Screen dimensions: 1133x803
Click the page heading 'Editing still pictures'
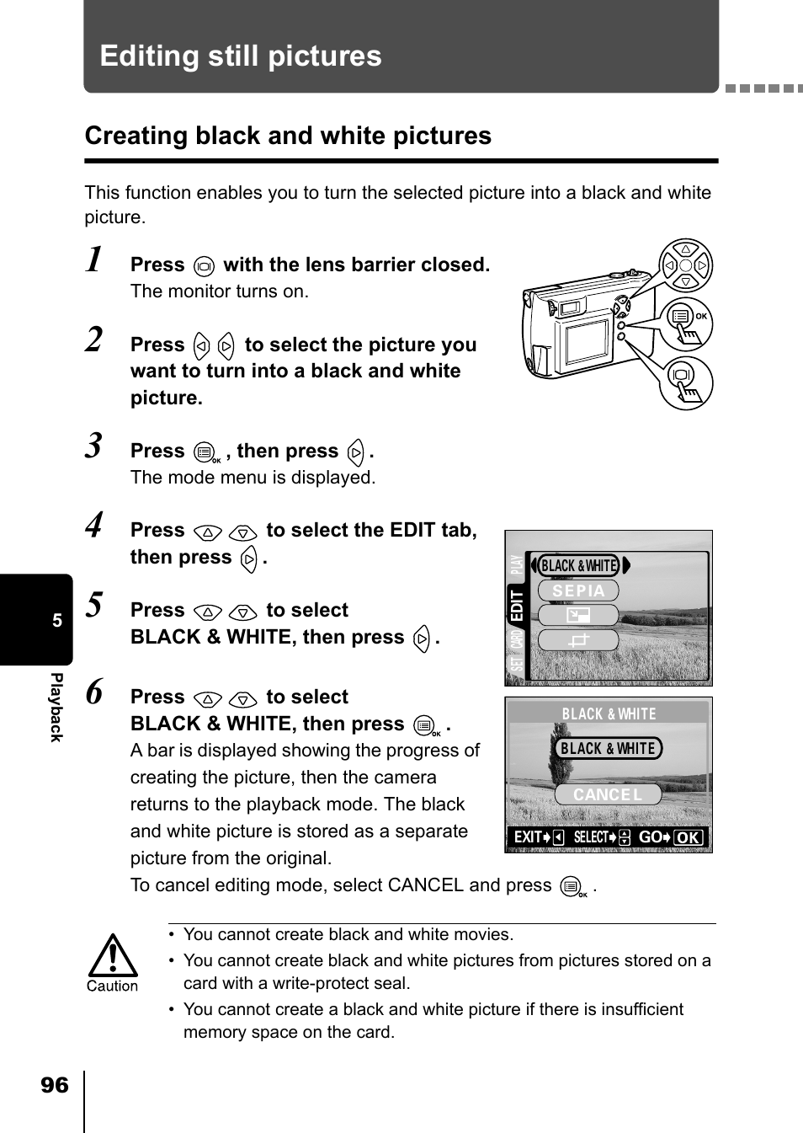point(241,56)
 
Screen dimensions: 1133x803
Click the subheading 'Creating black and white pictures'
point(288,136)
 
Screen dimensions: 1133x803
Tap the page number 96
point(54,1085)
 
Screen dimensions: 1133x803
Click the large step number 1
point(96,260)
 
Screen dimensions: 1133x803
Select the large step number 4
point(96,526)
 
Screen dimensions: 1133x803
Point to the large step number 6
point(96,692)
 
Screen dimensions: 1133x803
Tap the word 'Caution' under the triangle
point(112,986)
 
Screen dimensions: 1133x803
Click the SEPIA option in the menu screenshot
point(578,591)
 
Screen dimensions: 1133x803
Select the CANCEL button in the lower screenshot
point(608,794)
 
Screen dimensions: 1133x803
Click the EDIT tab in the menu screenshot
point(516,606)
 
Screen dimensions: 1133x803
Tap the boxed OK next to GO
point(689,837)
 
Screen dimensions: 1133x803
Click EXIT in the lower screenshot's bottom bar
point(528,837)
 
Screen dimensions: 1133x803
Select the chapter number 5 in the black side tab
point(57,621)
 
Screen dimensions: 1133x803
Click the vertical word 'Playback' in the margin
point(56,708)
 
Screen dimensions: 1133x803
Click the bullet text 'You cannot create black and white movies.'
point(348,934)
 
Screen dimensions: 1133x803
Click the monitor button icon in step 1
point(204,266)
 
